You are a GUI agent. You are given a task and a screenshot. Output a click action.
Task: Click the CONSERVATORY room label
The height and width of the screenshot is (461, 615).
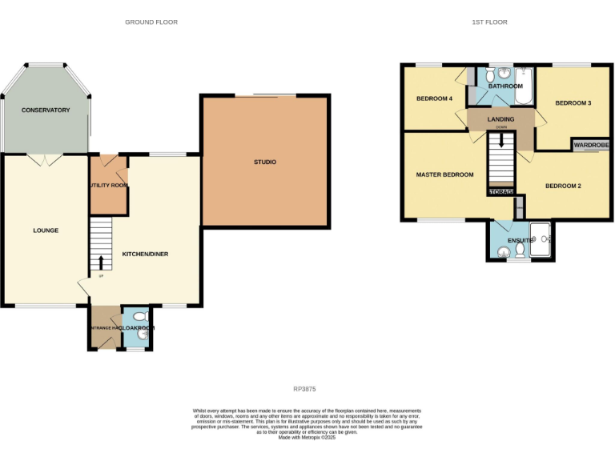pyautogui.click(x=46, y=110)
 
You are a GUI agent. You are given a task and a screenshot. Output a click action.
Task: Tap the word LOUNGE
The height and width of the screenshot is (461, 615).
pyautogui.click(x=46, y=230)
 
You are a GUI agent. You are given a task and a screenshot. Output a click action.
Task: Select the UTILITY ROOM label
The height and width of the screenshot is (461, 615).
pyautogui.click(x=108, y=186)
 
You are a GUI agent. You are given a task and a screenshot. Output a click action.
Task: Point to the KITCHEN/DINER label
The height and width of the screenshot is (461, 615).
pyautogui.click(x=145, y=254)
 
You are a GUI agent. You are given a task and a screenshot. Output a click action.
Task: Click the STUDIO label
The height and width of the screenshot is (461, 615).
pyautogui.click(x=265, y=162)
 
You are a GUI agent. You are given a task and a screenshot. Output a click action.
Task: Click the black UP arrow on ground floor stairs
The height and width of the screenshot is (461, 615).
pyautogui.click(x=101, y=263)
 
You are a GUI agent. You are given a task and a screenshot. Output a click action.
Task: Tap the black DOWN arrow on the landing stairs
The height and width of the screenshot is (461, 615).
pyautogui.click(x=501, y=139)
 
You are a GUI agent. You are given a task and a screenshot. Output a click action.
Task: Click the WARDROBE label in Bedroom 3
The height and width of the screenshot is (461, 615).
pyautogui.click(x=591, y=145)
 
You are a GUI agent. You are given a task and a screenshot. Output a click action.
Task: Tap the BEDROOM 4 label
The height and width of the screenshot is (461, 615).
pyautogui.click(x=434, y=99)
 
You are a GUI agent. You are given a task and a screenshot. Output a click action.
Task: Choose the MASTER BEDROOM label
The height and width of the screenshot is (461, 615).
pyautogui.click(x=444, y=174)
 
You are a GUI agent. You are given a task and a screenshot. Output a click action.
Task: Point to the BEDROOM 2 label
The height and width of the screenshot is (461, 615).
pyautogui.click(x=563, y=186)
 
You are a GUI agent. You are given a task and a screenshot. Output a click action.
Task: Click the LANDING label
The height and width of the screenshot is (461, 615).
pyautogui.click(x=500, y=119)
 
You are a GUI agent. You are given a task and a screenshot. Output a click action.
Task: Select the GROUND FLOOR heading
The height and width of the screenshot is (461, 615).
pyautogui.click(x=151, y=22)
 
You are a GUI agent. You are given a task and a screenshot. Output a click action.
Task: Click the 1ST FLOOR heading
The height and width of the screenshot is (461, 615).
pyautogui.click(x=489, y=22)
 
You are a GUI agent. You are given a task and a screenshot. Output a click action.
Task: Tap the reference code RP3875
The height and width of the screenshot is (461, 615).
pyautogui.click(x=305, y=389)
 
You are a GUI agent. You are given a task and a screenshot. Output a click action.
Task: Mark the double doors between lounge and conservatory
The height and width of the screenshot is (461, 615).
pyautogui.click(x=45, y=158)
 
